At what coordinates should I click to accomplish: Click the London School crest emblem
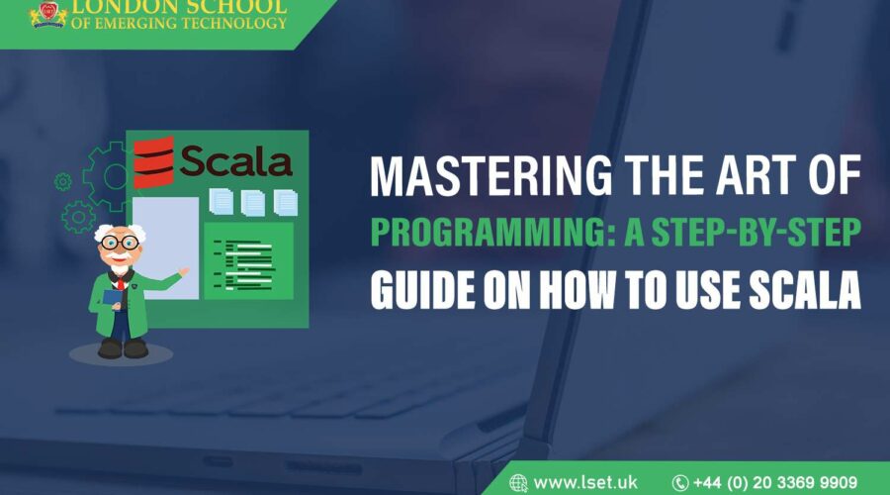[45, 14]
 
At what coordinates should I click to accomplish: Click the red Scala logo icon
[153, 161]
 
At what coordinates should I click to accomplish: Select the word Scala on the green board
[236, 161]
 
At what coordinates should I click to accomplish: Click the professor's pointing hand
[183, 270]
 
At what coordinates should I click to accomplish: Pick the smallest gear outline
[63, 181]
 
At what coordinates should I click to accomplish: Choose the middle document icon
[254, 202]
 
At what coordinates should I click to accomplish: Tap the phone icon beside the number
[680, 482]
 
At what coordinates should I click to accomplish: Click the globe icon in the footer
[518, 482]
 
